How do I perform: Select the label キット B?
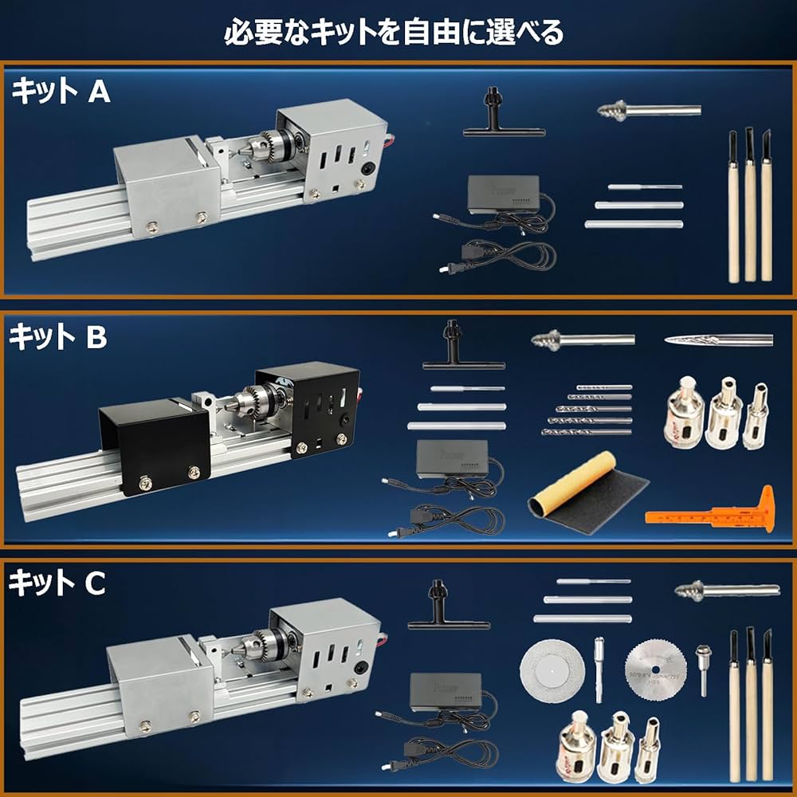pos(58,338)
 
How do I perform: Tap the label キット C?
pos(57,584)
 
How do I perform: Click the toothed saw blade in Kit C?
pos(654,665)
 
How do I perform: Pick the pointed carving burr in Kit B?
pos(717,340)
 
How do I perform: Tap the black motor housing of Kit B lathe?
pos(307,406)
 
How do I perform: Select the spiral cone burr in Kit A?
pos(646,109)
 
